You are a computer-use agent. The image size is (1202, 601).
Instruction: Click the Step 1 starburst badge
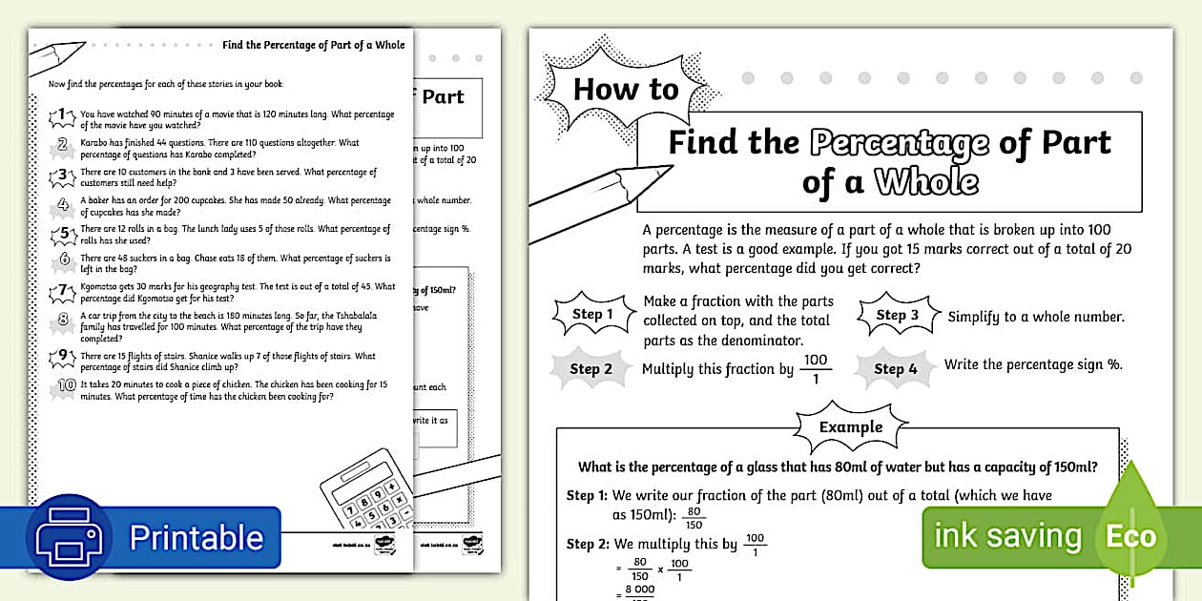(592, 315)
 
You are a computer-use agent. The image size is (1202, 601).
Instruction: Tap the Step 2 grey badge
(591, 369)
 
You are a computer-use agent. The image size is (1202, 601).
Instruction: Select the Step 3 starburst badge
(898, 316)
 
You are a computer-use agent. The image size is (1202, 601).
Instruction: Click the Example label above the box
(851, 426)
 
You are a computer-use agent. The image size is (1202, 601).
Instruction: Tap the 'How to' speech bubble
(626, 89)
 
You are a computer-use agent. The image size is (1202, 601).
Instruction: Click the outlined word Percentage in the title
(900, 143)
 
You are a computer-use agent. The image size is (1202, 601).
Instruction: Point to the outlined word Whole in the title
(926, 181)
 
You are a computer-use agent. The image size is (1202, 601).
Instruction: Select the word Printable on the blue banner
(196, 538)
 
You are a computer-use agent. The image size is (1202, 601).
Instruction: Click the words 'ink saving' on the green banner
(1007, 536)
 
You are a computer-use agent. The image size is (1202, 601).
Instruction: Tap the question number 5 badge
(63, 233)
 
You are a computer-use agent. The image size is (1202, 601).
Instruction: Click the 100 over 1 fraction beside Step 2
(815, 367)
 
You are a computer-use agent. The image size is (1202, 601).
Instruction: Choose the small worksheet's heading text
(313, 45)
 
